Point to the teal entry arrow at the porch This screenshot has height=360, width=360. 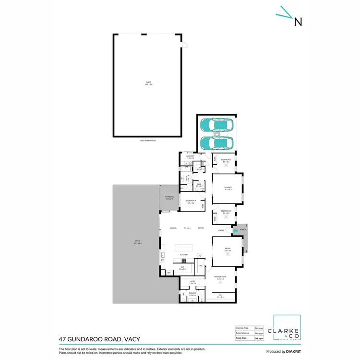click(x=235, y=231)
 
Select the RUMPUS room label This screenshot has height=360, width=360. click(x=228, y=187)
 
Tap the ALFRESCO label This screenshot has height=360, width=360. click(x=169, y=197)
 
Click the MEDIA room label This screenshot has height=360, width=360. click(x=228, y=248)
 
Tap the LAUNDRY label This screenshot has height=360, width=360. click(x=190, y=156)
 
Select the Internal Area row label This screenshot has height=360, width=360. click(x=241, y=327)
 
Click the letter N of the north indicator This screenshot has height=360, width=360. click(x=298, y=21)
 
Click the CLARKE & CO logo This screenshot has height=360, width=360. click(x=287, y=328)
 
